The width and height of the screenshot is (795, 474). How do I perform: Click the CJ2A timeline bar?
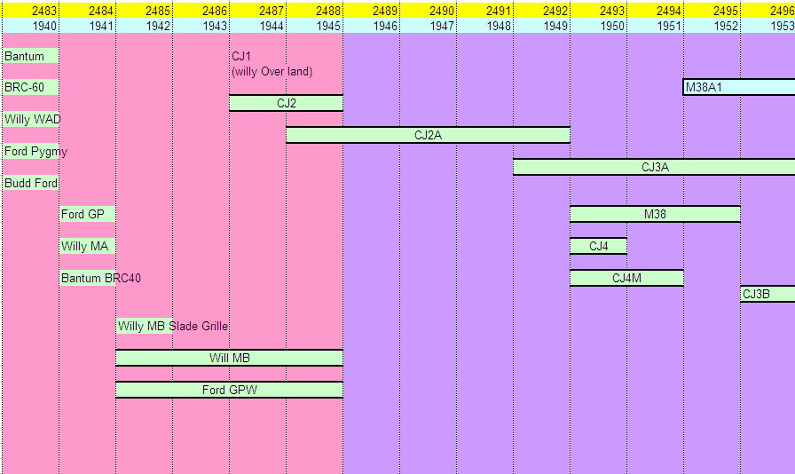point(428,135)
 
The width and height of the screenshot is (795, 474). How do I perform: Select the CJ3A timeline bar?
point(654,167)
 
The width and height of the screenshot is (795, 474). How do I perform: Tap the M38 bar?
point(655,214)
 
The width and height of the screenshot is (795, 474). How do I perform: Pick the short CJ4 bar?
point(598,246)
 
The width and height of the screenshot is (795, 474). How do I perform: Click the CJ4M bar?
point(626,278)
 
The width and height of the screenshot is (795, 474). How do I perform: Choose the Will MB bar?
point(229,358)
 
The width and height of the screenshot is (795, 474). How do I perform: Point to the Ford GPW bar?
point(229,390)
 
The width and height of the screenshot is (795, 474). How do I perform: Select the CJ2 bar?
point(286,103)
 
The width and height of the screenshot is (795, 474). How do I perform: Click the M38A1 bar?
point(738,87)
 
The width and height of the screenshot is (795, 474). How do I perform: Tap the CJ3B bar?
point(767,294)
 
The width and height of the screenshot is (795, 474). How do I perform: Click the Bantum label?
point(24,56)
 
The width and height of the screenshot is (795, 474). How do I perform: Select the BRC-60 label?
point(25,87)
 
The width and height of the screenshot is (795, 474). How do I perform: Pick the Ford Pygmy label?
point(35,151)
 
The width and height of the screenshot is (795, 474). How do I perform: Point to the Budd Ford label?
point(31,183)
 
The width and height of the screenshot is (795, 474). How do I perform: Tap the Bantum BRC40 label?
point(100,278)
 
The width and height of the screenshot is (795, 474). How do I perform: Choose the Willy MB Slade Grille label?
point(173,326)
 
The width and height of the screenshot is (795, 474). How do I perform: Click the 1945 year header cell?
point(328,26)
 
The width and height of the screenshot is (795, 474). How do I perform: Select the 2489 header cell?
point(385,10)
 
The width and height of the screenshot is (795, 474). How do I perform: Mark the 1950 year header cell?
point(612,26)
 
